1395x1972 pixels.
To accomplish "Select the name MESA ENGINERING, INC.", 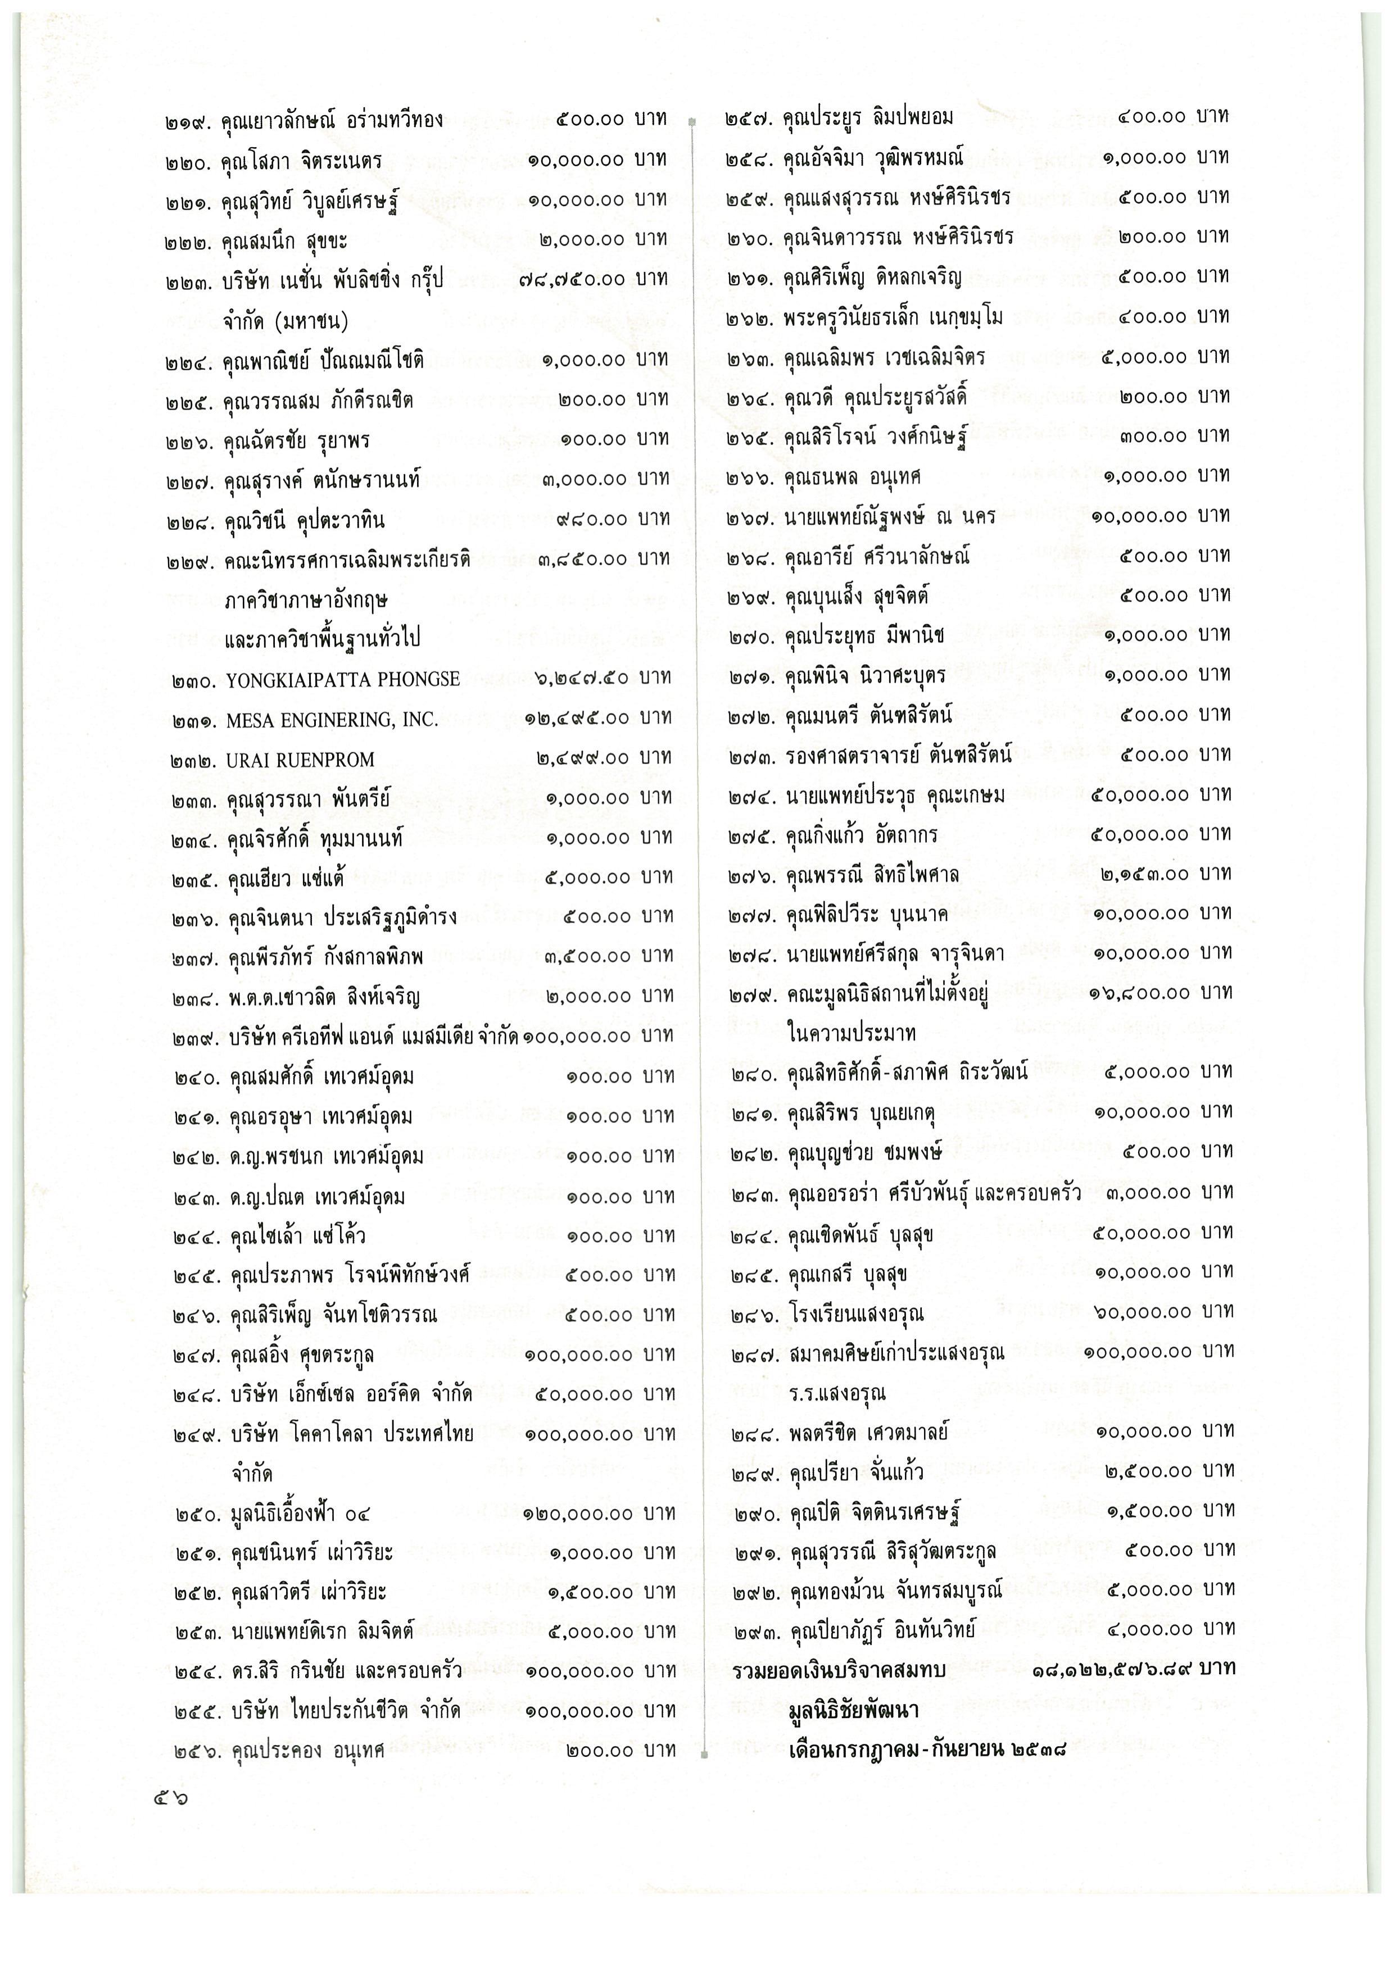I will pos(332,720).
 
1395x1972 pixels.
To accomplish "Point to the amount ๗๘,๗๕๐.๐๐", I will pos(573,280).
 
